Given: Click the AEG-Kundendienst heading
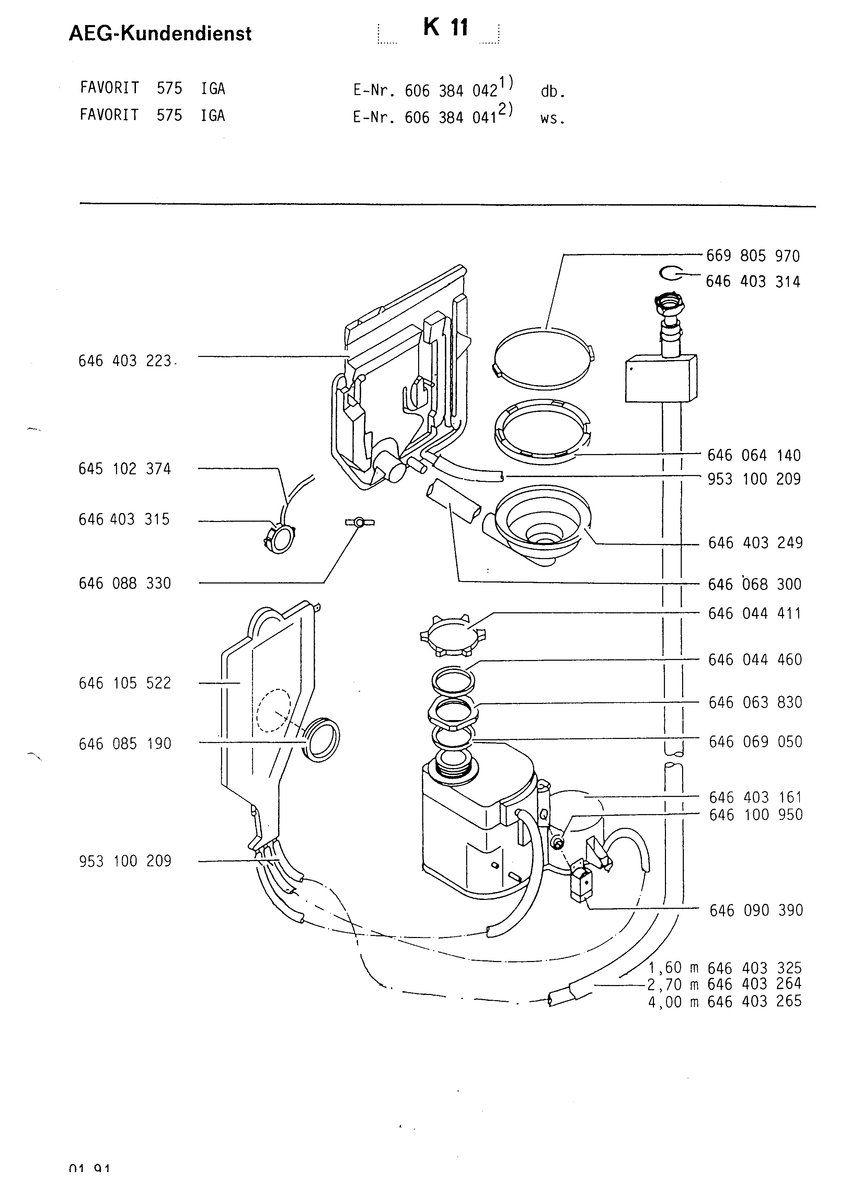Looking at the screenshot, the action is pos(160,34).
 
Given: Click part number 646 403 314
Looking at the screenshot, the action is pos(753,281).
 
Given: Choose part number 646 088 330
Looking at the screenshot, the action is pos(125,583).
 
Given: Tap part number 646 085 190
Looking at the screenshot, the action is pos(125,744).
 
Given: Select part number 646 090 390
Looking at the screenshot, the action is pos(756,910).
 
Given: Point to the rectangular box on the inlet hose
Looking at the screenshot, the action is pos(661,379).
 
